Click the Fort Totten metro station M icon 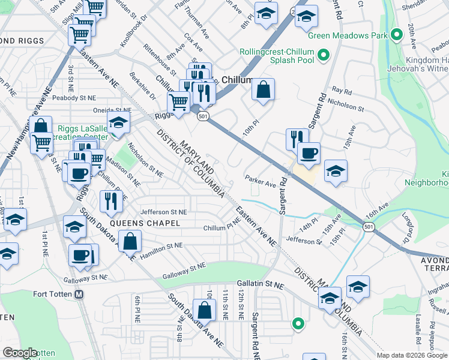pyautogui.click(x=79, y=294)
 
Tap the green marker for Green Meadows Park pyautogui.click(x=396, y=34)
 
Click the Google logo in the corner pyautogui.click(x=19, y=353)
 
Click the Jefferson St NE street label pyautogui.click(x=164, y=212)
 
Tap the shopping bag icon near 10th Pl pyautogui.click(x=263, y=91)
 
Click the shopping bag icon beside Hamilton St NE pyautogui.click(x=130, y=242)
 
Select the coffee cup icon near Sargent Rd pyautogui.click(x=309, y=154)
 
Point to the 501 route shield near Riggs pyautogui.click(x=203, y=116)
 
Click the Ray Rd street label pyautogui.click(x=342, y=91)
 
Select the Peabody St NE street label pyautogui.click(x=75, y=97)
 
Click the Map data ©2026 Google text pyautogui.click(x=412, y=355)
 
